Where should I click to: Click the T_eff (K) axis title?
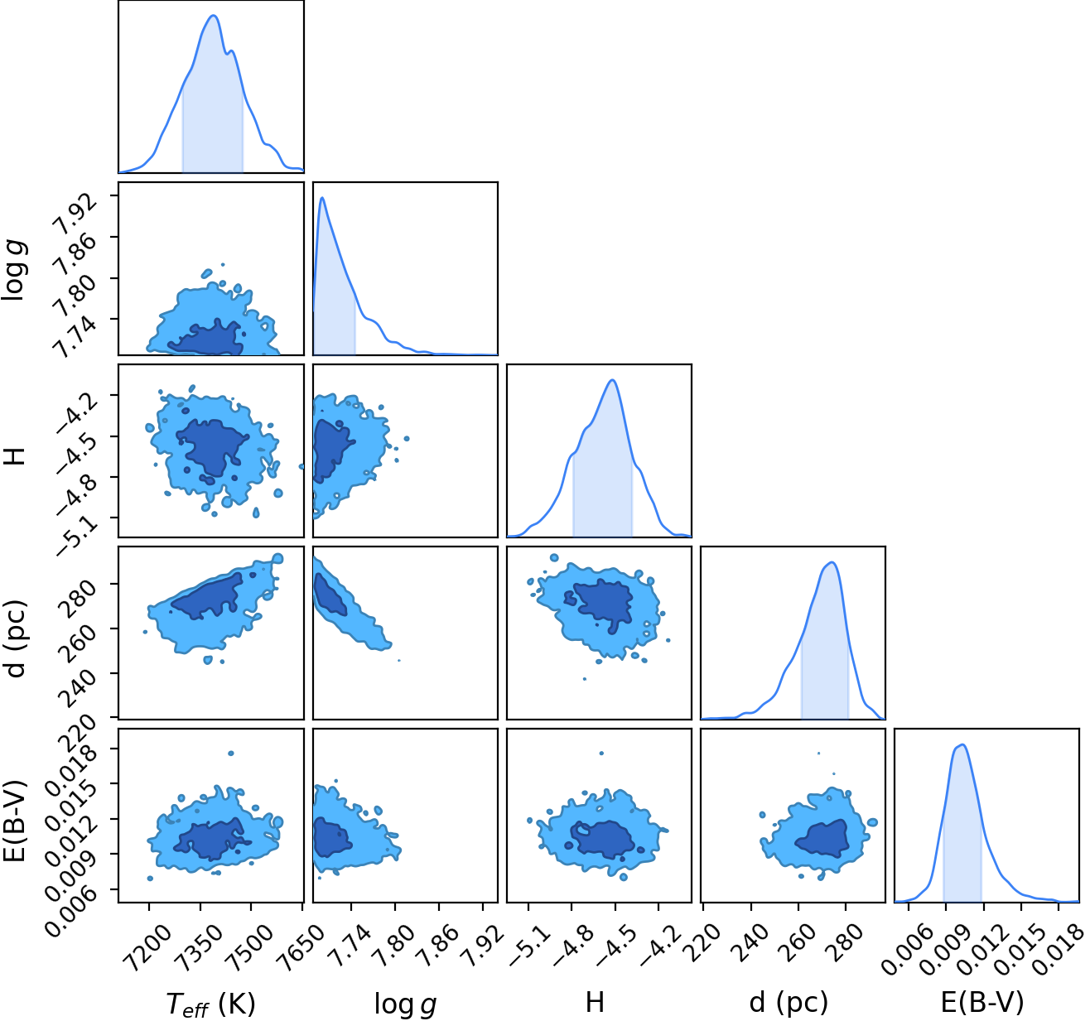[210, 1004]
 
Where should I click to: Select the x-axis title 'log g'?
[405, 1004]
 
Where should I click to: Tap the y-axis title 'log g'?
[15, 268]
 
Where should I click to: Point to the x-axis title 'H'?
[595, 1002]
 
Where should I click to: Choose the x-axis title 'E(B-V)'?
[982, 1003]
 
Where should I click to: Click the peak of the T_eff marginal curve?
[214, 16]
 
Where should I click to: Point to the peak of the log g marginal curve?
[323, 198]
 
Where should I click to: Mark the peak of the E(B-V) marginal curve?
[962, 745]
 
